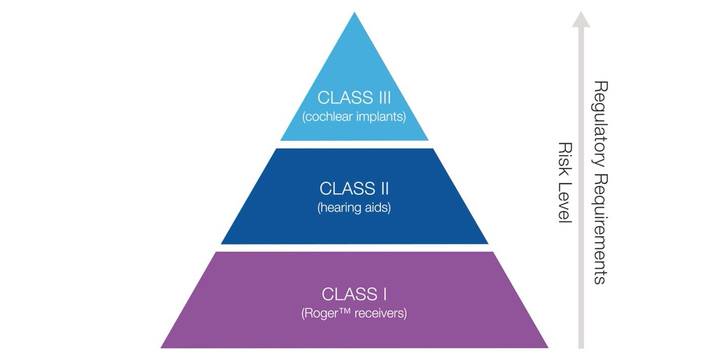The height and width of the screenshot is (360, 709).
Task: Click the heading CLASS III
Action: pyautogui.click(x=354, y=97)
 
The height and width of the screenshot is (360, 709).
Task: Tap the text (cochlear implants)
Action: pyautogui.click(x=354, y=117)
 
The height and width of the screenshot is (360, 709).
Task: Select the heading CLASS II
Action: pyautogui.click(x=354, y=188)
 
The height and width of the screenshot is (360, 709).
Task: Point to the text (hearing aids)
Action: pyautogui.click(x=354, y=208)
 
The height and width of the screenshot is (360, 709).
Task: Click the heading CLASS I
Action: pyautogui.click(x=354, y=294)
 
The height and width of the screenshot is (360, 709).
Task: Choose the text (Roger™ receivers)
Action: pyautogui.click(x=354, y=313)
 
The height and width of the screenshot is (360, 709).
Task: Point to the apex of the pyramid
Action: pyautogui.click(x=354, y=14)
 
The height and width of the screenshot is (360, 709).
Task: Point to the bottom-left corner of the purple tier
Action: pyautogui.click(x=162, y=347)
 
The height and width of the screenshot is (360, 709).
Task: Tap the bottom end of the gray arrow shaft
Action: pyautogui.click(x=581, y=347)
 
